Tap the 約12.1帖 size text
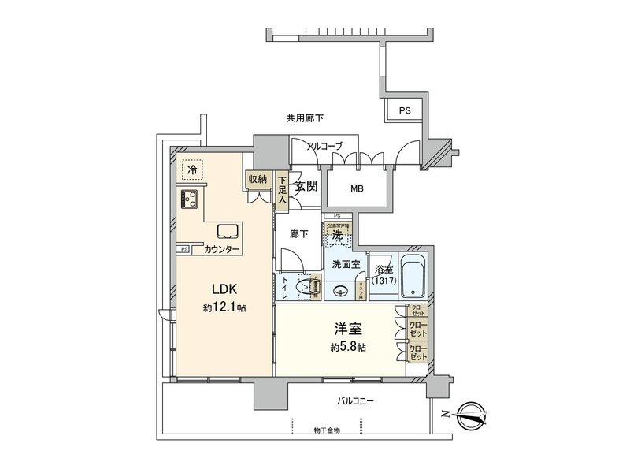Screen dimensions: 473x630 click(x=224, y=307)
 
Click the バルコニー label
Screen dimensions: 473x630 click(x=356, y=402)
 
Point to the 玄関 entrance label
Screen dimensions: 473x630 click(x=306, y=188)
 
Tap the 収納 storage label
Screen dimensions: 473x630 click(x=258, y=178)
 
